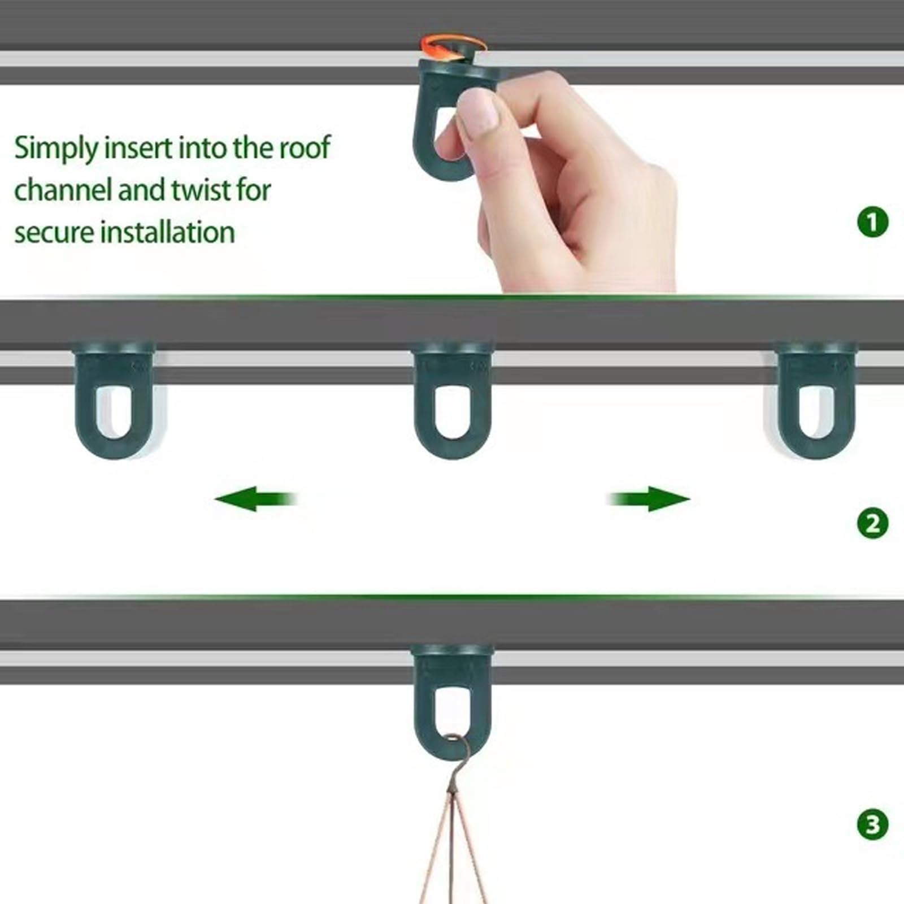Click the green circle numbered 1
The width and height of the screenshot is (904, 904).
873,222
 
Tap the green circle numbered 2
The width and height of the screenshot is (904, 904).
873,523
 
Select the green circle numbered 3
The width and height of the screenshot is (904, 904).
873,824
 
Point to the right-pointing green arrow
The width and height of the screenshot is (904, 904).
649,499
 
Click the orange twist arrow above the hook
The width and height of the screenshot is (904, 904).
453,45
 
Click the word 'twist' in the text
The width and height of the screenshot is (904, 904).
202,189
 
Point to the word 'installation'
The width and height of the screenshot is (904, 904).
168,232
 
